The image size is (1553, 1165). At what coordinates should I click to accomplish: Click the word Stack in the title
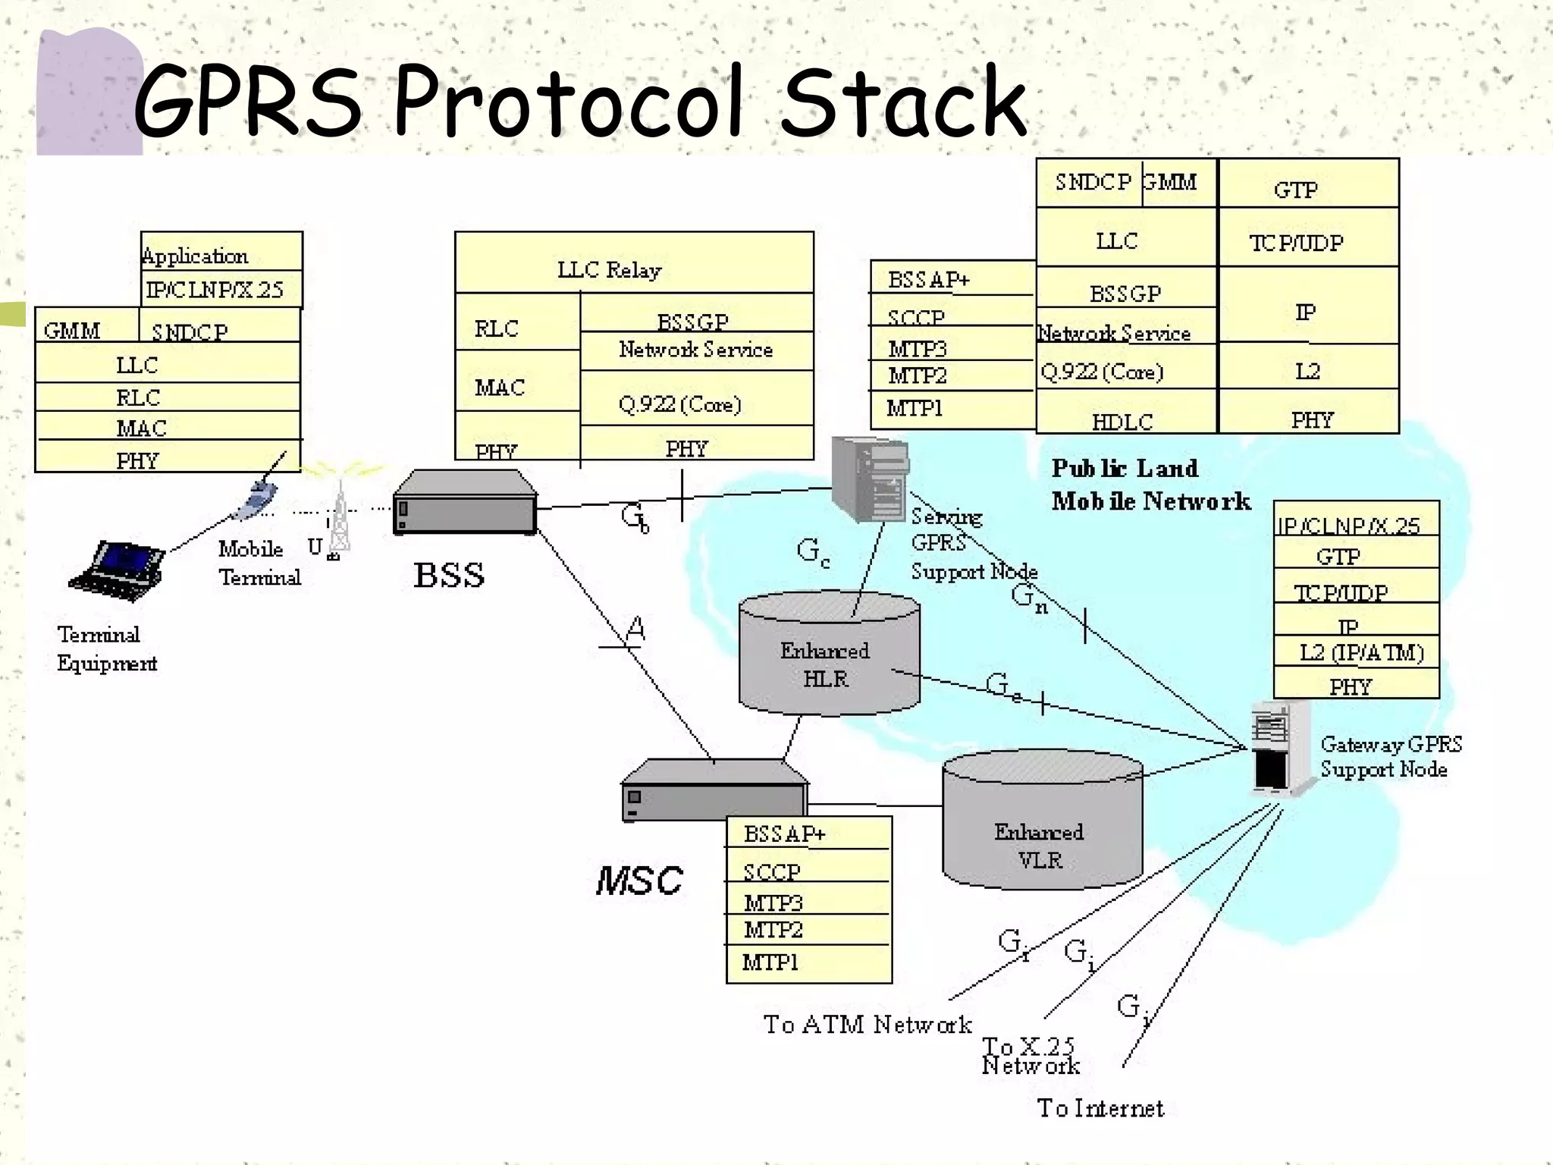(902, 102)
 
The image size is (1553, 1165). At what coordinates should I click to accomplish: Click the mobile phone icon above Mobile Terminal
(256, 501)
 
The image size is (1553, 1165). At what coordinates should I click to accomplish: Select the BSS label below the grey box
(449, 575)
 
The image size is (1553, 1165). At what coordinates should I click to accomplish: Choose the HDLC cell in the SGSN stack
(1122, 422)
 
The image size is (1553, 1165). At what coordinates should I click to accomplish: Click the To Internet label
(1100, 1108)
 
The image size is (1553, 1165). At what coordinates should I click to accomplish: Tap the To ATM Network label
(867, 1025)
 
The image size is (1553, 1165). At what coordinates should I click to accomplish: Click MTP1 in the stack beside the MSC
(770, 962)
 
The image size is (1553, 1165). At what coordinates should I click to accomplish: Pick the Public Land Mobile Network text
(1149, 485)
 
